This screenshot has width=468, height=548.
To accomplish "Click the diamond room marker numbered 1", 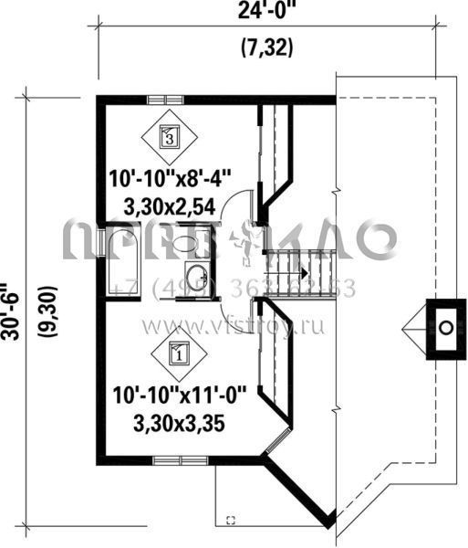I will [x=178, y=350].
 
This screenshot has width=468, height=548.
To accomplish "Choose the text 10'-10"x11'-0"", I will [x=176, y=397].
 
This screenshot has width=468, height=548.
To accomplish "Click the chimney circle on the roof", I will [x=446, y=326].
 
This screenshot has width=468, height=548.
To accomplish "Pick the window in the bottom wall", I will [x=172, y=460].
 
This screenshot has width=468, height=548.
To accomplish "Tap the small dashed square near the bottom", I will [x=230, y=520].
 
